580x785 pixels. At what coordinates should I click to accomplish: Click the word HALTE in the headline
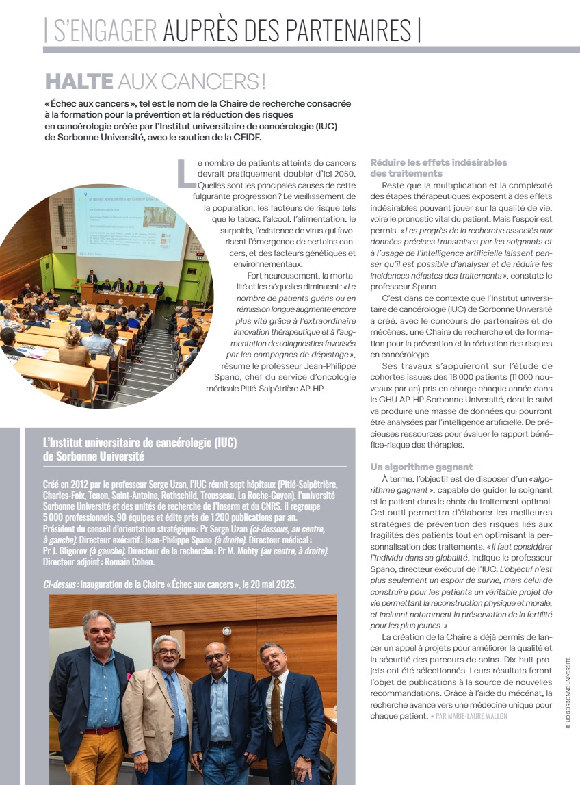tap(79, 81)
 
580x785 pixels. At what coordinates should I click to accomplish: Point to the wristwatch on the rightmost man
tap(306, 758)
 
